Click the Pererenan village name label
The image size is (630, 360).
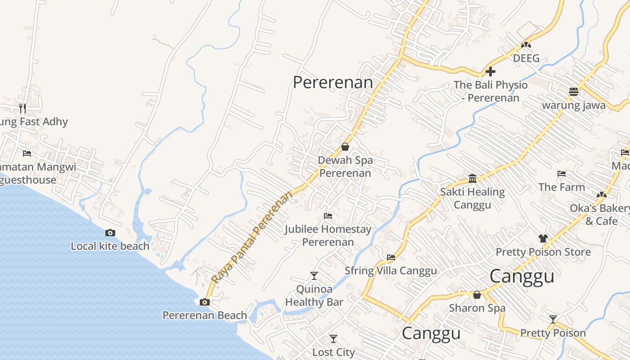[x=333, y=82]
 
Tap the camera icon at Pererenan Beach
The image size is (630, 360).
[x=205, y=302]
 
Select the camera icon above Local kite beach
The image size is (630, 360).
[x=110, y=233]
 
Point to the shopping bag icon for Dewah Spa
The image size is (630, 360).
[x=345, y=147]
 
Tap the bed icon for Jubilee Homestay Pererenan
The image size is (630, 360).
[x=328, y=216]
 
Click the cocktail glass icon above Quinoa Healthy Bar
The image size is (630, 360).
[x=314, y=275]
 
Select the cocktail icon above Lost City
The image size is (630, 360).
[x=333, y=338]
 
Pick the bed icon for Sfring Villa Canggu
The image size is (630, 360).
[x=391, y=257]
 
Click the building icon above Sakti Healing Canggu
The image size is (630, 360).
[x=472, y=178]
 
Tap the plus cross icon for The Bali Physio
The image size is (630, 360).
[x=490, y=72]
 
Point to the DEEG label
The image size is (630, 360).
[x=526, y=58]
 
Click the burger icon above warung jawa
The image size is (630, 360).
[x=573, y=92]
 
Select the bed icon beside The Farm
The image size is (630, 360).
[x=561, y=174]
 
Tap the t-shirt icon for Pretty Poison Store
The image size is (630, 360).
[x=543, y=238]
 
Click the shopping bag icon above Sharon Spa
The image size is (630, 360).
[x=477, y=295]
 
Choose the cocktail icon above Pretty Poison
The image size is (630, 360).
[x=553, y=319]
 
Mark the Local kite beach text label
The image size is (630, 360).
[x=110, y=246]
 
